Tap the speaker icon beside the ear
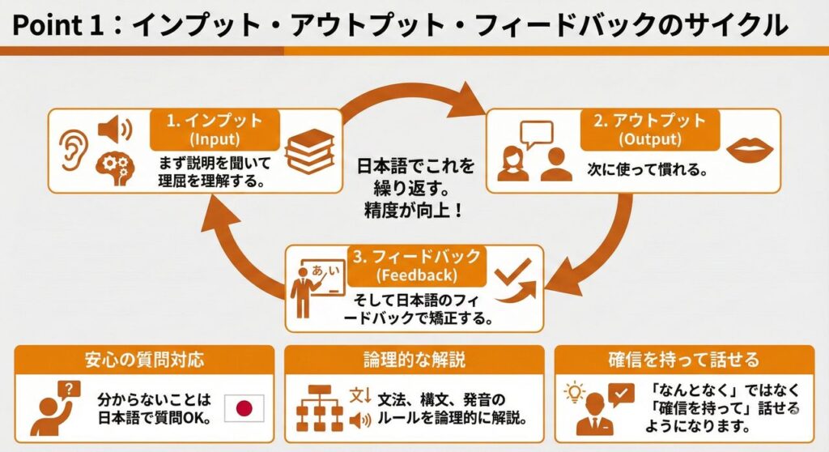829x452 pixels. (114, 129)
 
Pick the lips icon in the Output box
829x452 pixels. (750, 150)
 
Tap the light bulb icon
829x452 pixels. (574, 393)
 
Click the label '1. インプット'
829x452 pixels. (215, 122)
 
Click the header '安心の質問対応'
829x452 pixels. (144, 360)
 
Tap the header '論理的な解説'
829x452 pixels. (414, 360)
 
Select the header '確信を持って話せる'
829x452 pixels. (683, 360)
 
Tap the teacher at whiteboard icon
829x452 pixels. (312, 288)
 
